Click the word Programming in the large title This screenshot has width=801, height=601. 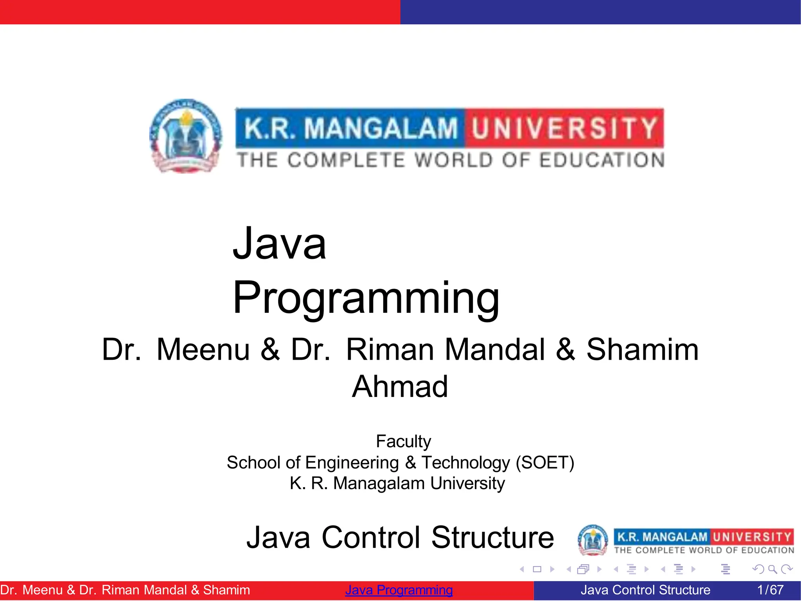[366, 298]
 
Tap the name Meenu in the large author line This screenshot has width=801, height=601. [203, 349]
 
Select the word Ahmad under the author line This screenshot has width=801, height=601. [400, 387]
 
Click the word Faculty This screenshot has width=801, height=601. [403, 441]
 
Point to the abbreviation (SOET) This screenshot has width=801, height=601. [545, 463]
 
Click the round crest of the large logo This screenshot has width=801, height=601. [186, 136]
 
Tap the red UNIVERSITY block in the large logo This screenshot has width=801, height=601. [564, 128]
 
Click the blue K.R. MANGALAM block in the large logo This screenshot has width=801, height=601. [350, 128]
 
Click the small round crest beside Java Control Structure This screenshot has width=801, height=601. [593, 540]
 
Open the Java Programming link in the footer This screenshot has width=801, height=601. [399, 590]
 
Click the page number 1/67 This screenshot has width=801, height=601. [770, 590]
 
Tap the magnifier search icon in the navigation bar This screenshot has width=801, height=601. [772, 569]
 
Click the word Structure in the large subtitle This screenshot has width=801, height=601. [492, 538]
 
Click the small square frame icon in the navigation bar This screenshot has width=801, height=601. [537, 569]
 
